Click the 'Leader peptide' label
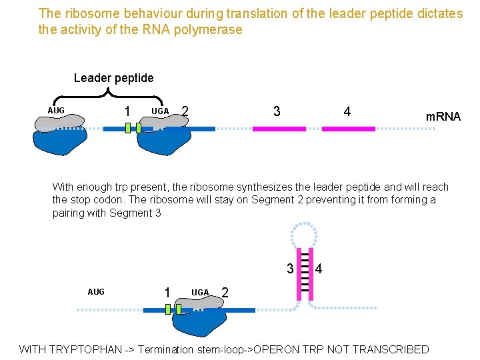coord(113,78)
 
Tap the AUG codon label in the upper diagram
coord(56,110)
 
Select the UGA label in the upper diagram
coord(160,110)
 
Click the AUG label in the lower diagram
coord(96,292)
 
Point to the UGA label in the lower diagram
coord(200,292)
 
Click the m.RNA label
coord(443,117)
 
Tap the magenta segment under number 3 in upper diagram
coord(279,129)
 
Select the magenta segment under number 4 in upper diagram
coord(349,129)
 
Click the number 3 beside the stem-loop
coord(290,269)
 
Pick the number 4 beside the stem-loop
coord(319,269)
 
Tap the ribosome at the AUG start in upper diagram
coord(60,135)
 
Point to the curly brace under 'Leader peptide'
coord(113,91)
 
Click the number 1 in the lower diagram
coord(167,292)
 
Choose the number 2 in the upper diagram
coord(185,111)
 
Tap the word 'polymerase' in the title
coord(208,29)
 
